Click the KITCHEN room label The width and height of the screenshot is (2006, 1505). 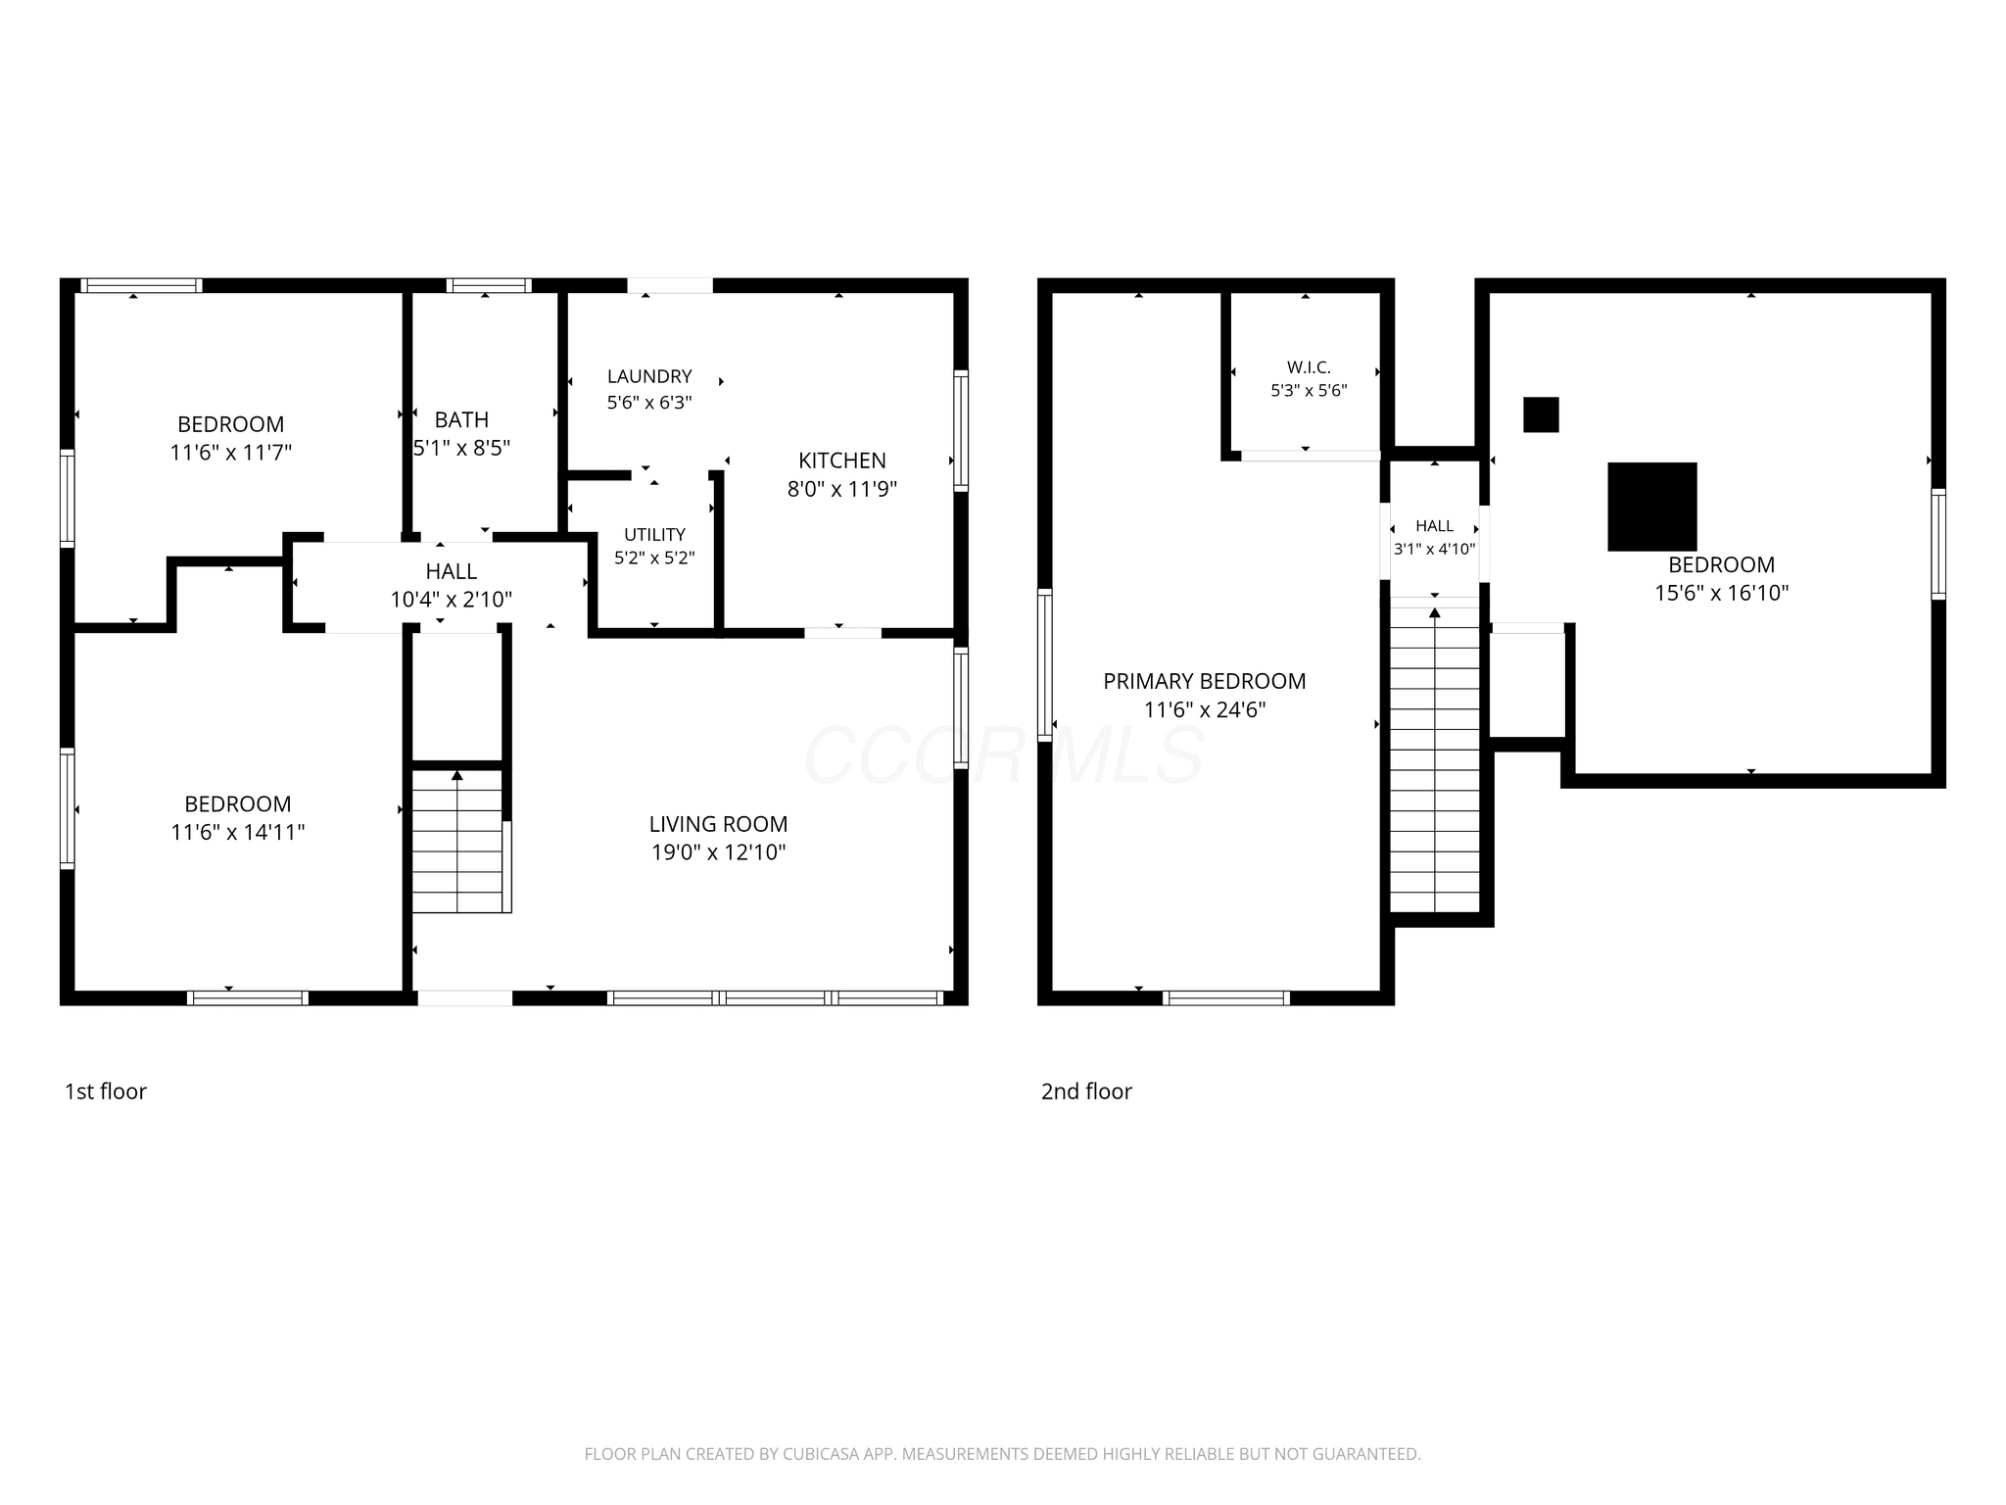point(841,461)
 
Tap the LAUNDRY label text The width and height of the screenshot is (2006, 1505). point(649,376)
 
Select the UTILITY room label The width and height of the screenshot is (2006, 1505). point(654,534)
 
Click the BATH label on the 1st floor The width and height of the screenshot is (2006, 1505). point(461,419)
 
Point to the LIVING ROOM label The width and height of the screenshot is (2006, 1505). point(718,824)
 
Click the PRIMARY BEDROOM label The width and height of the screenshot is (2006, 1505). point(1204,681)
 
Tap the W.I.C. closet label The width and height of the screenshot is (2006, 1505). point(1309,367)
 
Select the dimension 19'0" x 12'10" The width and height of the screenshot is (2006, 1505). point(718,852)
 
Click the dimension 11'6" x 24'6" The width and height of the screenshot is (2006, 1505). point(1204,709)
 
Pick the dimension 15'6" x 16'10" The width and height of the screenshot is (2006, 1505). point(1721,593)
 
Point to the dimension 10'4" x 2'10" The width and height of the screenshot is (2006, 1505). point(451,600)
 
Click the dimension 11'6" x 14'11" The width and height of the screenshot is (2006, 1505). point(237,832)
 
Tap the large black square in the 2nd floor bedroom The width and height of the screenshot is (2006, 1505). point(1651,507)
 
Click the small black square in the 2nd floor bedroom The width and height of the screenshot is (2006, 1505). point(1541,414)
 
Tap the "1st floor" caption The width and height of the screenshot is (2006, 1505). point(106,1092)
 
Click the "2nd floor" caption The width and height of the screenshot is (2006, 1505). point(1086,1092)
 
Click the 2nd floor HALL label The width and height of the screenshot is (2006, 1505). point(1434,526)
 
